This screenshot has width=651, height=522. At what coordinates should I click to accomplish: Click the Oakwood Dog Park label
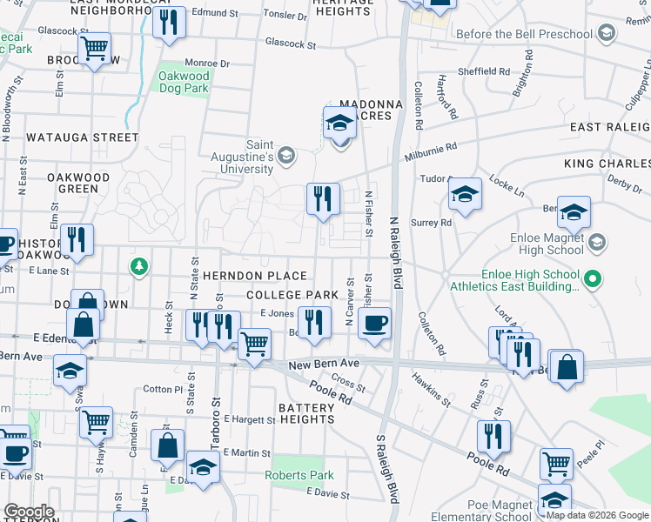pos(184,82)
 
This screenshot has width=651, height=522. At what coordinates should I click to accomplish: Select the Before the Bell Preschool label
pos(525,34)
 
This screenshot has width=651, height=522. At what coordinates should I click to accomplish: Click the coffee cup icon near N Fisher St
pos(374,325)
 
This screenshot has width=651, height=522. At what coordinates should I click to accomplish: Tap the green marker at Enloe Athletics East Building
pos(593,279)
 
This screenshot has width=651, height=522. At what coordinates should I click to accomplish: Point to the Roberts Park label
pos(299,475)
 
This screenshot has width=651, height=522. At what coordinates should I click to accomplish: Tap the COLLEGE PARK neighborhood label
pos(292,296)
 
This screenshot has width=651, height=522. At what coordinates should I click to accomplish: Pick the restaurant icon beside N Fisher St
pos(323,197)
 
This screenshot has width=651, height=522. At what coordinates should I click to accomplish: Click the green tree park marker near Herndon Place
pos(138,265)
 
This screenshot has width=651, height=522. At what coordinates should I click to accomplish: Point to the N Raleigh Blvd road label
pos(397,252)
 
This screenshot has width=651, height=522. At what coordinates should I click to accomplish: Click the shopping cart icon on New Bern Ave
pos(254,344)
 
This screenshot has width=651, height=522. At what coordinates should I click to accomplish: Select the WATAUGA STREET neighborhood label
pos(82,137)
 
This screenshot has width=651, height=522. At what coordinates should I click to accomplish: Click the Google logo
pos(29,512)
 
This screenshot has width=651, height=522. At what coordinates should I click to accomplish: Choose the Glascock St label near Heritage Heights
pos(291,43)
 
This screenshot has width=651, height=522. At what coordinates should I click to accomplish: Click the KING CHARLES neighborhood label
pos(607,164)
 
